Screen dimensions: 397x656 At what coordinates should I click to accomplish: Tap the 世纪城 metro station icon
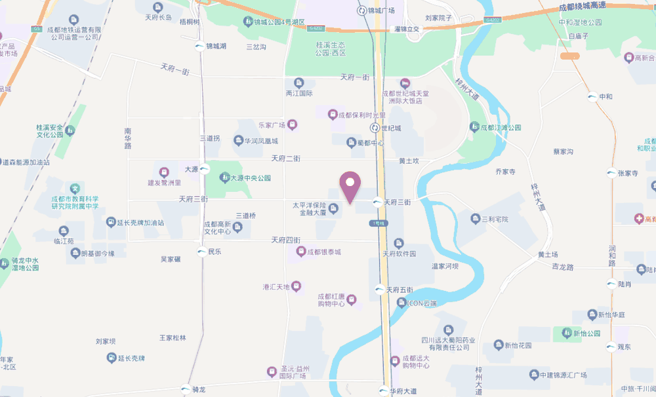tap(375, 128)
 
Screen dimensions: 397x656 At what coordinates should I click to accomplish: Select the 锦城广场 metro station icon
tap(361, 10)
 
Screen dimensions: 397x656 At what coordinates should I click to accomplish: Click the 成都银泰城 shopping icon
tap(301, 252)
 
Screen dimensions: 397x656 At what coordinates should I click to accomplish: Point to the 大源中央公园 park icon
tap(224, 178)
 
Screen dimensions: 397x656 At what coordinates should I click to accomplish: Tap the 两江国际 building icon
tap(299, 83)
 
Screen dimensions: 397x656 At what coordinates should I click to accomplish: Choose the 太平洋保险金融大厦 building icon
tap(333, 209)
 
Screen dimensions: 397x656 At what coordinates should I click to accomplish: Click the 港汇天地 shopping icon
tap(296, 286)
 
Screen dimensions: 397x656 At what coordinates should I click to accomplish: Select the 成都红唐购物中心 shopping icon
tap(352, 300)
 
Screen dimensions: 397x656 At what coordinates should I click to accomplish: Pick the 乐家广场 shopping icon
tap(292, 124)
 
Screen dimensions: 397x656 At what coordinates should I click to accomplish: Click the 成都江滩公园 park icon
tap(474, 126)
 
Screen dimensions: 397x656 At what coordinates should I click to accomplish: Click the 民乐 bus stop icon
tap(201, 252)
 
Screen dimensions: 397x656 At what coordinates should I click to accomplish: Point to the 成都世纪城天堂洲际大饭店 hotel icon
tap(405, 83)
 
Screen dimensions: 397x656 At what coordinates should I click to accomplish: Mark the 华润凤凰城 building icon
tap(238, 141)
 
